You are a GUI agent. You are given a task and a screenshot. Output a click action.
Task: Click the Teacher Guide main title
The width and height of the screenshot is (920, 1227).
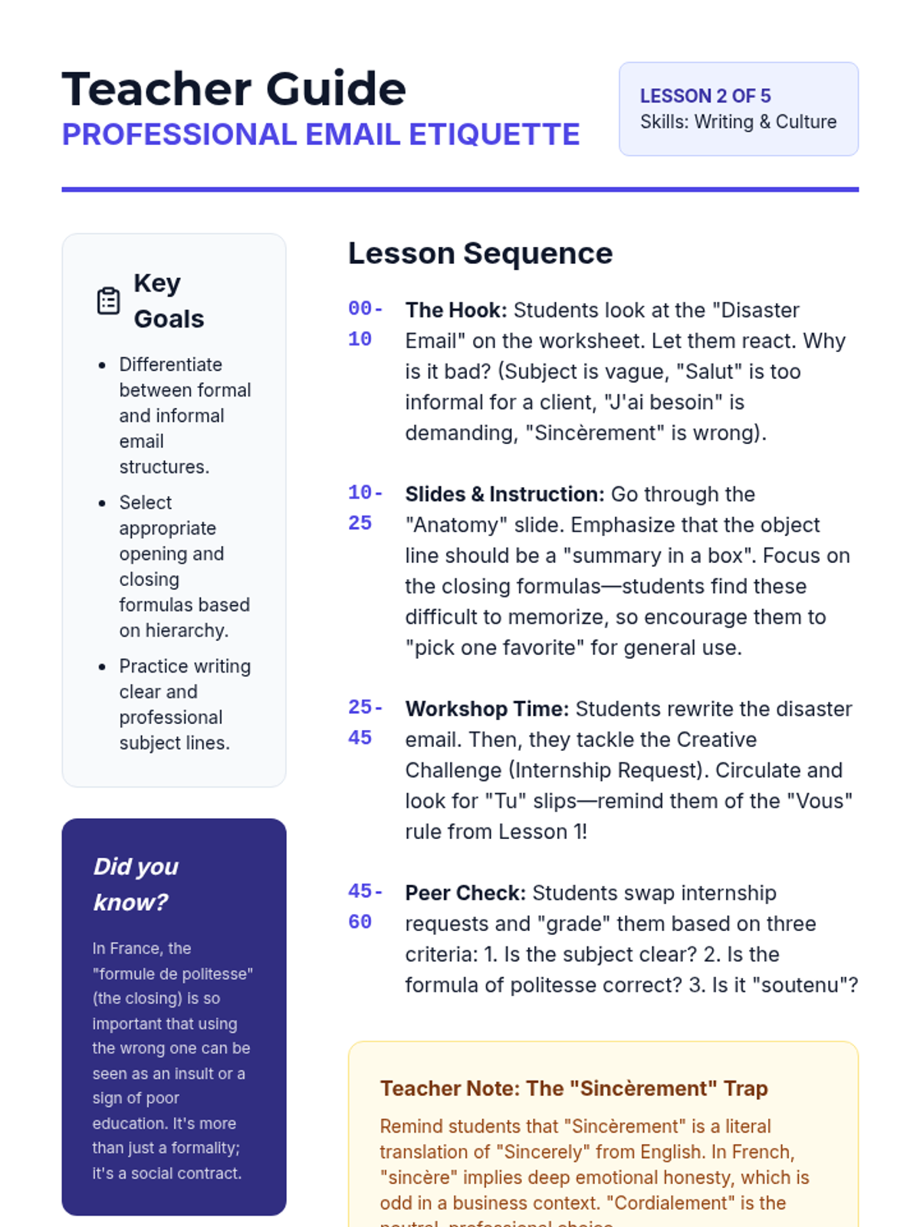coord(234,89)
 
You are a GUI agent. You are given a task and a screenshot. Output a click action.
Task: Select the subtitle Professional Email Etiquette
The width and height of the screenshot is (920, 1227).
coord(320,134)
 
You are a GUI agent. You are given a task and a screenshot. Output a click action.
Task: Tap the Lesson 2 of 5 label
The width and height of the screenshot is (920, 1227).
coord(705,96)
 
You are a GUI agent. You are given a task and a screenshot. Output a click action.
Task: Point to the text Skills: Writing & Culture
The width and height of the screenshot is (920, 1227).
coord(738,122)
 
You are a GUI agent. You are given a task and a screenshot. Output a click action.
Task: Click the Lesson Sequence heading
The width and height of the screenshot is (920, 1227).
coord(480,253)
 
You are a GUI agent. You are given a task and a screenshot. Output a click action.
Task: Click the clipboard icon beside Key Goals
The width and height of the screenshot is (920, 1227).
coord(108,301)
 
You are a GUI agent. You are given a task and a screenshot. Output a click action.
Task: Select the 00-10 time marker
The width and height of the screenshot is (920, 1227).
coord(365,324)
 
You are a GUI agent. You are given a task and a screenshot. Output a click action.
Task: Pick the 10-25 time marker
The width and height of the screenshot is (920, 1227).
coord(365,508)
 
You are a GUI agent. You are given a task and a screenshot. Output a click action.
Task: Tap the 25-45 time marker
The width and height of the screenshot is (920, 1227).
coord(365,722)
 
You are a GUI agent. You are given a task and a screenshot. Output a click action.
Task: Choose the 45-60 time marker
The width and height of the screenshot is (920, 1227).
coord(365,906)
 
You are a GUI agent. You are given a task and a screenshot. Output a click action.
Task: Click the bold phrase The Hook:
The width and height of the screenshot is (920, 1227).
coord(456,310)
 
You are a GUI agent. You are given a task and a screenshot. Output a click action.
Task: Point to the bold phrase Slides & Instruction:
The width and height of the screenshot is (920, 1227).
coord(504,494)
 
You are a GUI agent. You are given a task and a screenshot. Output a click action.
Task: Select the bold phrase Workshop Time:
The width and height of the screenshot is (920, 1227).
coord(487,709)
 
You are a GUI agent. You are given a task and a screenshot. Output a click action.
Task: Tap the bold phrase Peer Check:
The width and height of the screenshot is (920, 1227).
coord(465,893)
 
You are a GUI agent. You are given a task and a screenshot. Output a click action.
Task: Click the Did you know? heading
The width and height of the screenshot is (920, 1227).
coord(136,884)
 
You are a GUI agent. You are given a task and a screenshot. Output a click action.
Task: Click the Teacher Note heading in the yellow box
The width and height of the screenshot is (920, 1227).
coord(573,1088)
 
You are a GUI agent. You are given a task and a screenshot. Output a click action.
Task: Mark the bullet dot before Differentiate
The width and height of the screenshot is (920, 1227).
coord(102,365)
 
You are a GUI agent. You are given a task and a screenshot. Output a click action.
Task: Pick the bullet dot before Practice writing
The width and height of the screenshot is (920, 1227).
coord(102,666)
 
